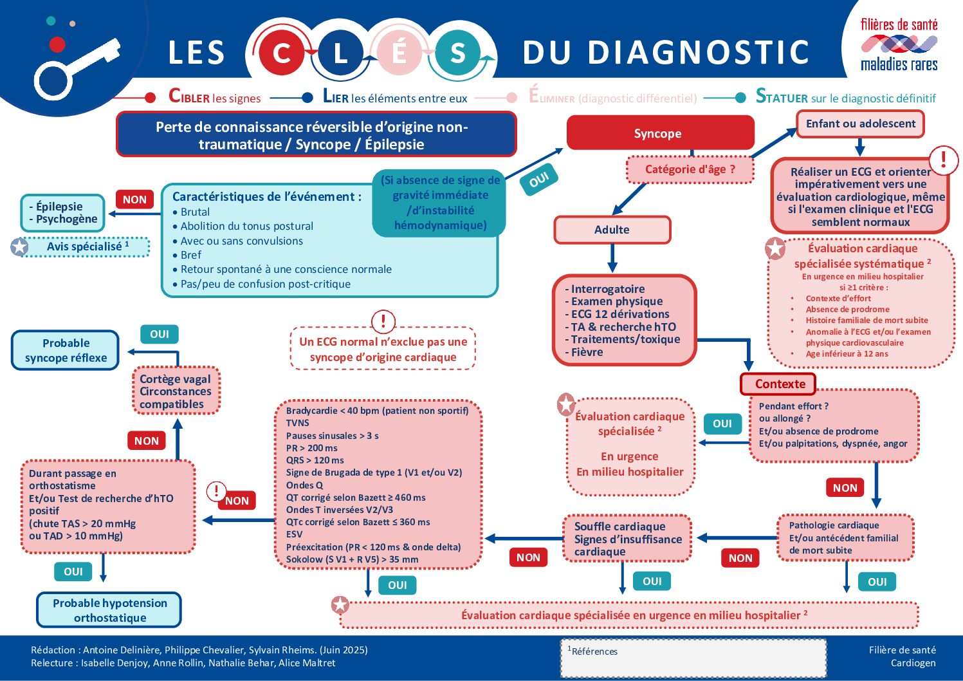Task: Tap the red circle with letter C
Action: (x=282, y=53)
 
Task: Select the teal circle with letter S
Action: (x=457, y=53)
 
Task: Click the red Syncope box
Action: (x=659, y=133)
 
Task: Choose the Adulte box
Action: (x=612, y=230)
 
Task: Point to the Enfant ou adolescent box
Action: (x=860, y=124)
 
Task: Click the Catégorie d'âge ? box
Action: (x=690, y=169)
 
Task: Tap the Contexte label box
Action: (x=778, y=384)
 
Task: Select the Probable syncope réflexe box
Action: (x=66, y=351)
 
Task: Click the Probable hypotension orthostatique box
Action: (x=109, y=610)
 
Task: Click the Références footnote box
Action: (x=693, y=658)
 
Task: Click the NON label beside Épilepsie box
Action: (x=134, y=200)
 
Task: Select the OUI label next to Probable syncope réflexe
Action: (x=159, y=334)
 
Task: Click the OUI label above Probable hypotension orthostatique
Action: (x=73, y=572)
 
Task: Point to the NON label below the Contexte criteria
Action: (x=845, y=488)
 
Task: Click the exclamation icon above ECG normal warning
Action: (x=383, y=321)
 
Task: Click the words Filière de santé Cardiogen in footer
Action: (x=902, y=657)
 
